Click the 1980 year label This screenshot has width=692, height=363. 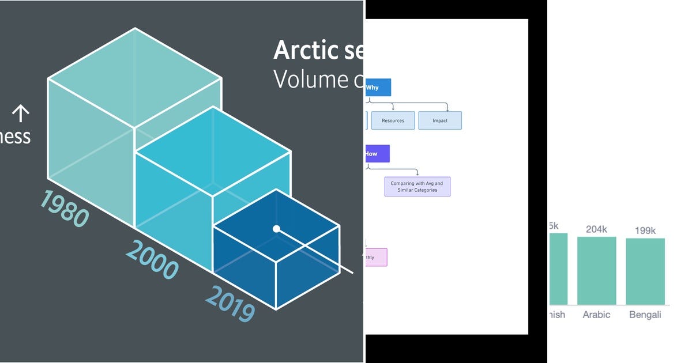coord(64,208)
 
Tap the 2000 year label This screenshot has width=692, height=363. coord(152,260)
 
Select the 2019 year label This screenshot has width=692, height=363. coord(230,304)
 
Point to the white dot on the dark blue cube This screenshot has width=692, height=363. coord(276,229)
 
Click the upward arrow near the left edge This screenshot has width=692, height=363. coord(21,113)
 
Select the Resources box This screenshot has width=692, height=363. coord(393,120)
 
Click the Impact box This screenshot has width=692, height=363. coord(440,120)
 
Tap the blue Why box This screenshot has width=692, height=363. coord(378,88)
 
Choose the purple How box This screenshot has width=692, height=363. coord(377,154)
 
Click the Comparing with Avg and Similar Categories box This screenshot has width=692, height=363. coord(417,187)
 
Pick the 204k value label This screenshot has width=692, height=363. coord(596,229)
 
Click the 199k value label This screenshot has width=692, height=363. coord(645,231)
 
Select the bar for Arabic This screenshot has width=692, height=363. coord(596,270)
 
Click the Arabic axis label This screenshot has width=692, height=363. coord(596,315)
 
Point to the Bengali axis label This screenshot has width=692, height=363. coord(645,315)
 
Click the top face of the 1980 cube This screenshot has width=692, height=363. coord(135,78)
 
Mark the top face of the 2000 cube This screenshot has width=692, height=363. coord(213,151)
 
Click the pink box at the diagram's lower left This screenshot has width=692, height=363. coord(376,258)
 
